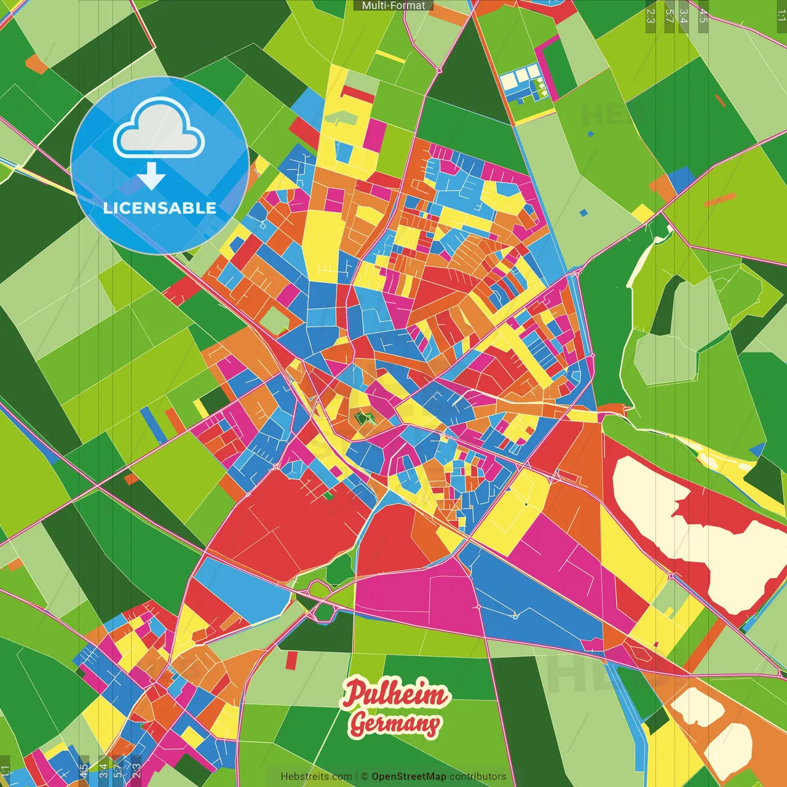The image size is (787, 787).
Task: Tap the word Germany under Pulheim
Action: (x=394, y=724)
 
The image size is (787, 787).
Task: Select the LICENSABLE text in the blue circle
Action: (x=160, y=208)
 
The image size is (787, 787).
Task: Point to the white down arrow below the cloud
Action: (x=151, y=175)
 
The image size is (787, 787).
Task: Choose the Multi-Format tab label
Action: (x=393, y=6)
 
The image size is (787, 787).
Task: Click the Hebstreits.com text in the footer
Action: (x=316, y=777)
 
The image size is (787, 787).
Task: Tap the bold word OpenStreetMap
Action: (x=409, y=777)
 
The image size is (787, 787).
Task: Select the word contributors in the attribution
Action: (x=478, y=777)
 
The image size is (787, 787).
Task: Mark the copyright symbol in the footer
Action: (x=364, y=777)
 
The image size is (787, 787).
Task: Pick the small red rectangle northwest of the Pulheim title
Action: (x=291, y=660)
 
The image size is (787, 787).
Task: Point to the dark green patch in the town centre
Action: (x=365, y=419)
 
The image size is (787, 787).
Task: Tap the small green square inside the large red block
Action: (x=328, y=496)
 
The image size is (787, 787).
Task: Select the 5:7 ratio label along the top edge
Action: (x=669, y=16)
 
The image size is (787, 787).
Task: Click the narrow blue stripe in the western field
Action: (x=153, y=425)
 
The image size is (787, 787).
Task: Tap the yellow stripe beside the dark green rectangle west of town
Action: (x=201, y=408)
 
